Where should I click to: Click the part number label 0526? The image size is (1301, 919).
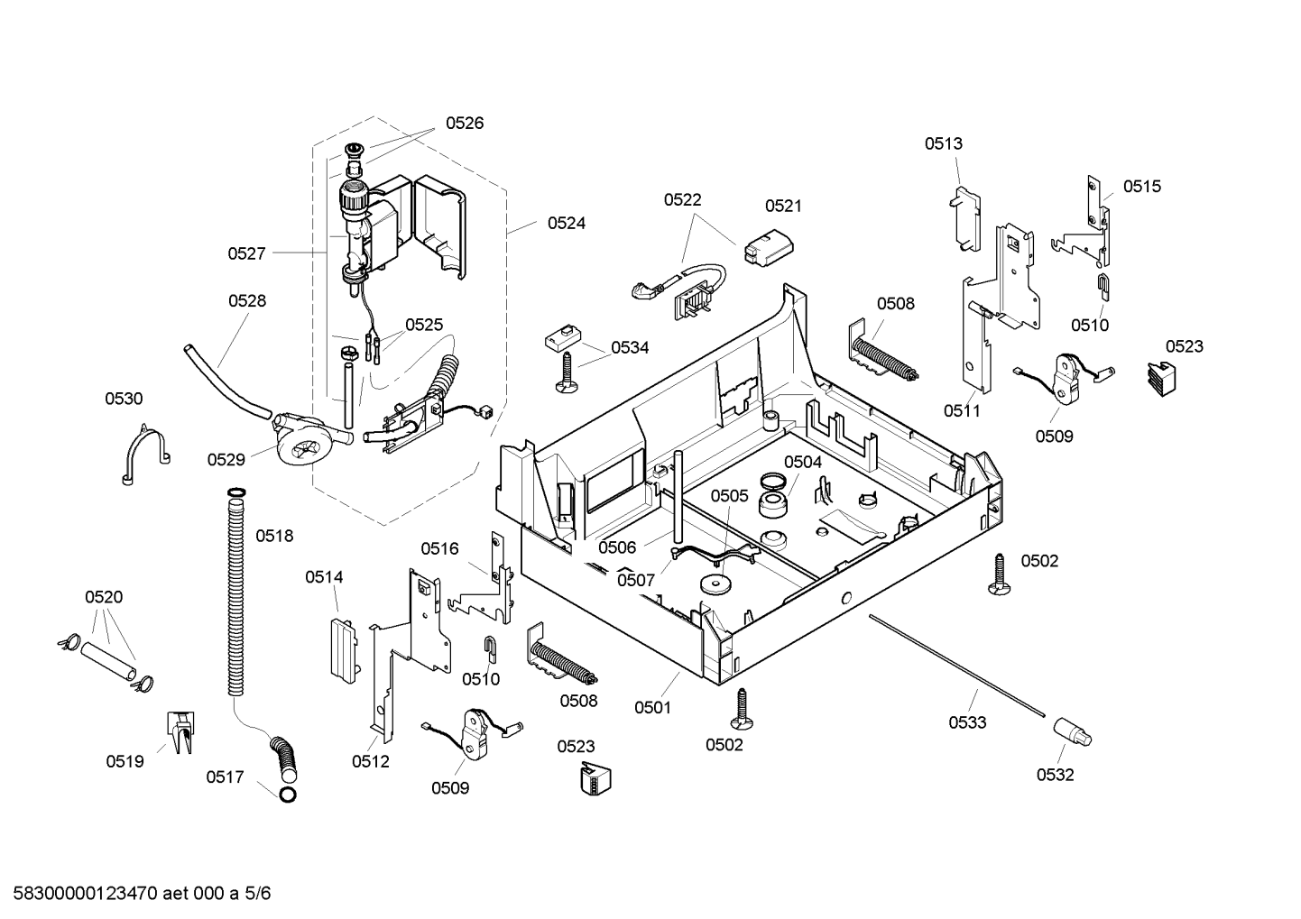(464, 123)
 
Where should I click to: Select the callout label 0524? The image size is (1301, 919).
(567, 223)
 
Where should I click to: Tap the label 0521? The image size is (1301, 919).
(783, 207)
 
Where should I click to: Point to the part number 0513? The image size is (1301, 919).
(943, 143)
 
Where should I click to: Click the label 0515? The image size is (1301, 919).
(1142, 187)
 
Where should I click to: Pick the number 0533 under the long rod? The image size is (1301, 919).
(967, 722)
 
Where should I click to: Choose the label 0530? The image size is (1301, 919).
(124, 399)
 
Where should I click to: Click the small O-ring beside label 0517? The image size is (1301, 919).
(288, 795)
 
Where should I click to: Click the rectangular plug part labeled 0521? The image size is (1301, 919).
(768, 248)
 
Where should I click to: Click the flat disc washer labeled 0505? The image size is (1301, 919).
(716, 584)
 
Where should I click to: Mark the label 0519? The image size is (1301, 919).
(125, 762)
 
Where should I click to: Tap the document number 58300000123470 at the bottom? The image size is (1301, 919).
(86, 894)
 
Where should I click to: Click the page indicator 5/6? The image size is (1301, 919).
(257, 894)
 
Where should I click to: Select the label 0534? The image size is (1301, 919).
(630, 348)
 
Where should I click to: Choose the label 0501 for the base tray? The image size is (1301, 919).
(653, 708)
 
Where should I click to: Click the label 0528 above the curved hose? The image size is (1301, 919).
(247, 300)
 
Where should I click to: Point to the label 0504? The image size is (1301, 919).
(803, 462)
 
